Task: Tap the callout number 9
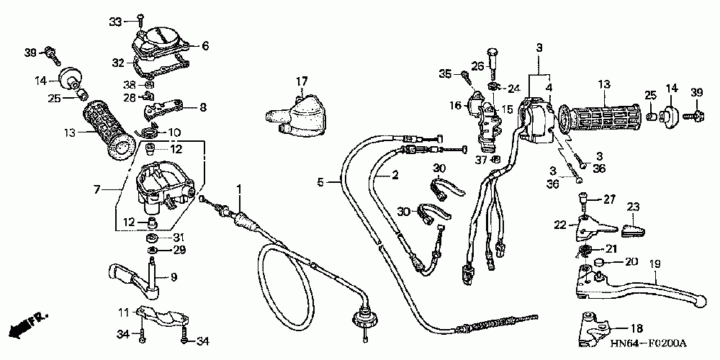[172, 277]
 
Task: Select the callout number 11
[123, 312]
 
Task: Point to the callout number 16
[455, 106]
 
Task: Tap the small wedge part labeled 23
[631, 229]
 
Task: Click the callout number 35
[446, 73]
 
